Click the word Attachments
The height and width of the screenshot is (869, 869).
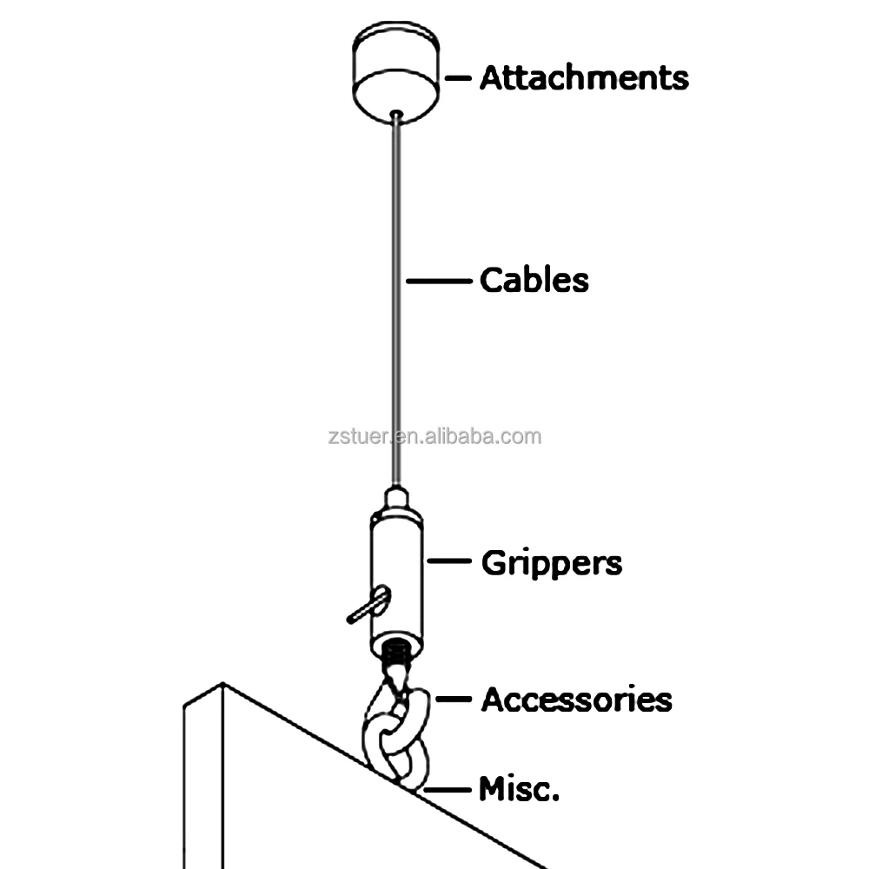[x=584, y=77]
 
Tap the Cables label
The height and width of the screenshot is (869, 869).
[x=534, y=281]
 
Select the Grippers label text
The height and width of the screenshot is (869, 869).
[x=552, y=563]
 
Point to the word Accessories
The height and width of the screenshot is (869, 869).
[x=576, y=700]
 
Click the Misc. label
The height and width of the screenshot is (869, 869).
[x=519, y=790]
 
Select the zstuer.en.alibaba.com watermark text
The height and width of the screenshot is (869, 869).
[x=434, y=435]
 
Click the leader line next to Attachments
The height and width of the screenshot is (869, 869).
[x=458, y=78]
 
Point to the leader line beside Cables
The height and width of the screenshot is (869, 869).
[x=438, y=281]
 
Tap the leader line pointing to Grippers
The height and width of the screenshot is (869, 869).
[x=449, y=562]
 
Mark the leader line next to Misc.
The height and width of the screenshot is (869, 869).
[x=446, y=790]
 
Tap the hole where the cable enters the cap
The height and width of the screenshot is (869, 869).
[x=396, y=113]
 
